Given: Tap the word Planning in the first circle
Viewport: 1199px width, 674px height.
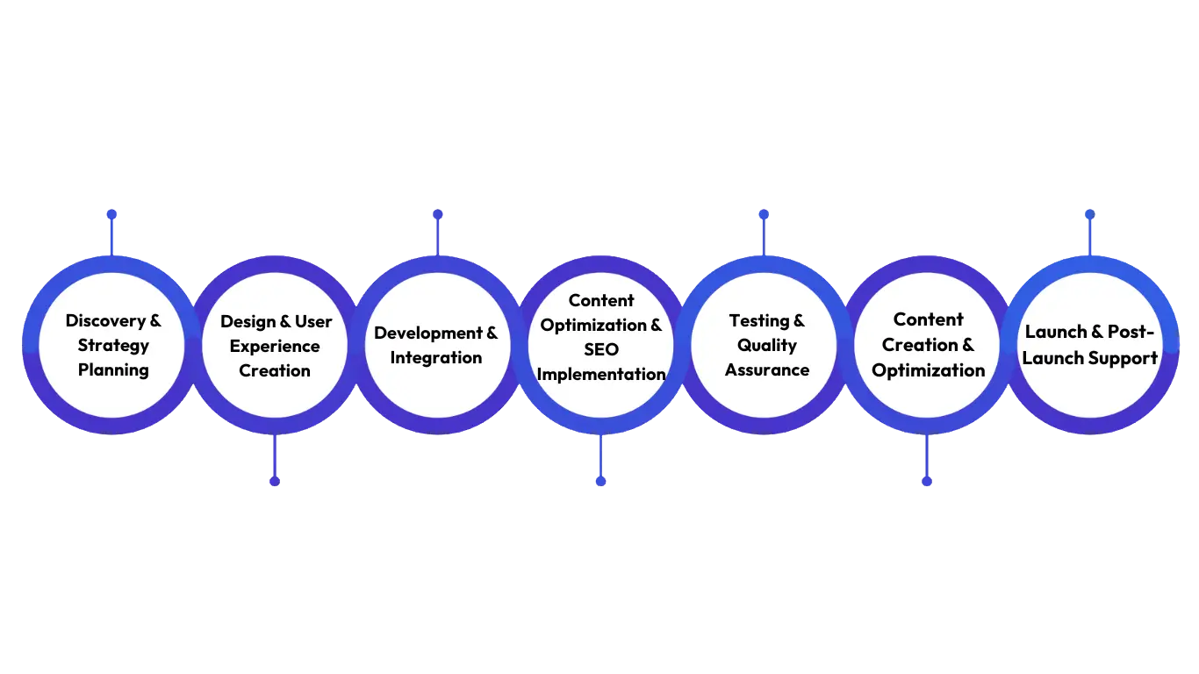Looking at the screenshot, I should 113,370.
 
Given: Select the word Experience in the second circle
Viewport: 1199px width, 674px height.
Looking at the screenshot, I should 275,347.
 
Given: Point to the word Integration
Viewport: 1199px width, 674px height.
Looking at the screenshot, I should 436,358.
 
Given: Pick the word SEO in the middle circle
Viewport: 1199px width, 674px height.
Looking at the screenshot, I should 601,350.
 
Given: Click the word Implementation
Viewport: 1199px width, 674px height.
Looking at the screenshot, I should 601,375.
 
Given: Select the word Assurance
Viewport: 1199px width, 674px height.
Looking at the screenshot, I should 767,370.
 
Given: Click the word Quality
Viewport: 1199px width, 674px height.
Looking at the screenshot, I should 767,346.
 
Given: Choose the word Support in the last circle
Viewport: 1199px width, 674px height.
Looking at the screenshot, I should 1124,358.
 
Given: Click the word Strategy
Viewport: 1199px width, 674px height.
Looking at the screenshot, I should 113,346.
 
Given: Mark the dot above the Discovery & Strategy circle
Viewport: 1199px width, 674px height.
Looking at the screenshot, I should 111,214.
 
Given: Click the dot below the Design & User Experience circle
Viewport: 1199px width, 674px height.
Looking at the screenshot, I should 275,481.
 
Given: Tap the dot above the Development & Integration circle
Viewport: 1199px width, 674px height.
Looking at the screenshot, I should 437,214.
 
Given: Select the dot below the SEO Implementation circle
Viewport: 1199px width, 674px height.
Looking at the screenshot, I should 600,481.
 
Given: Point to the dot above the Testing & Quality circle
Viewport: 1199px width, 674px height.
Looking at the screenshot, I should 764,214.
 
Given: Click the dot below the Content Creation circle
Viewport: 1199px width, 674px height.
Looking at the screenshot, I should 927,481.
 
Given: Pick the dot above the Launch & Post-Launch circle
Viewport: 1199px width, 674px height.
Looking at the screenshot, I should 1090,214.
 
